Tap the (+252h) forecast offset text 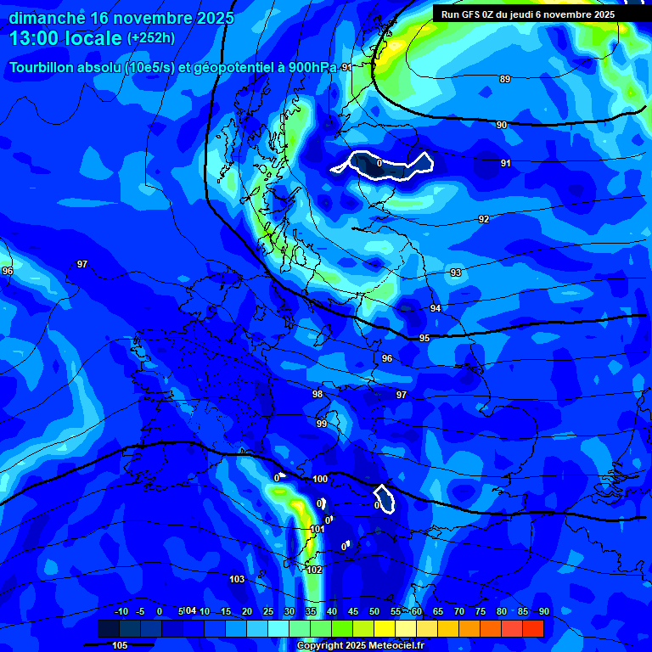pos(151,37)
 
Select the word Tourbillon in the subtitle pos(42,67)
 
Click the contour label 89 pos(505,79)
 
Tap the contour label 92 pos(484,219)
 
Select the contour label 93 pos(456,273)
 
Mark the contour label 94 pos(436,308)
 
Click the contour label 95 pos(424,338)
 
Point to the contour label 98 pos(318,394)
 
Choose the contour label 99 pos(322,424)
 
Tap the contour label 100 pos(320,480)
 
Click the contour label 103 pos(237,579)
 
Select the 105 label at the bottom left pos(120,645)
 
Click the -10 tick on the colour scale pos(121,611)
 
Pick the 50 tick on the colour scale pos(374,611)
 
